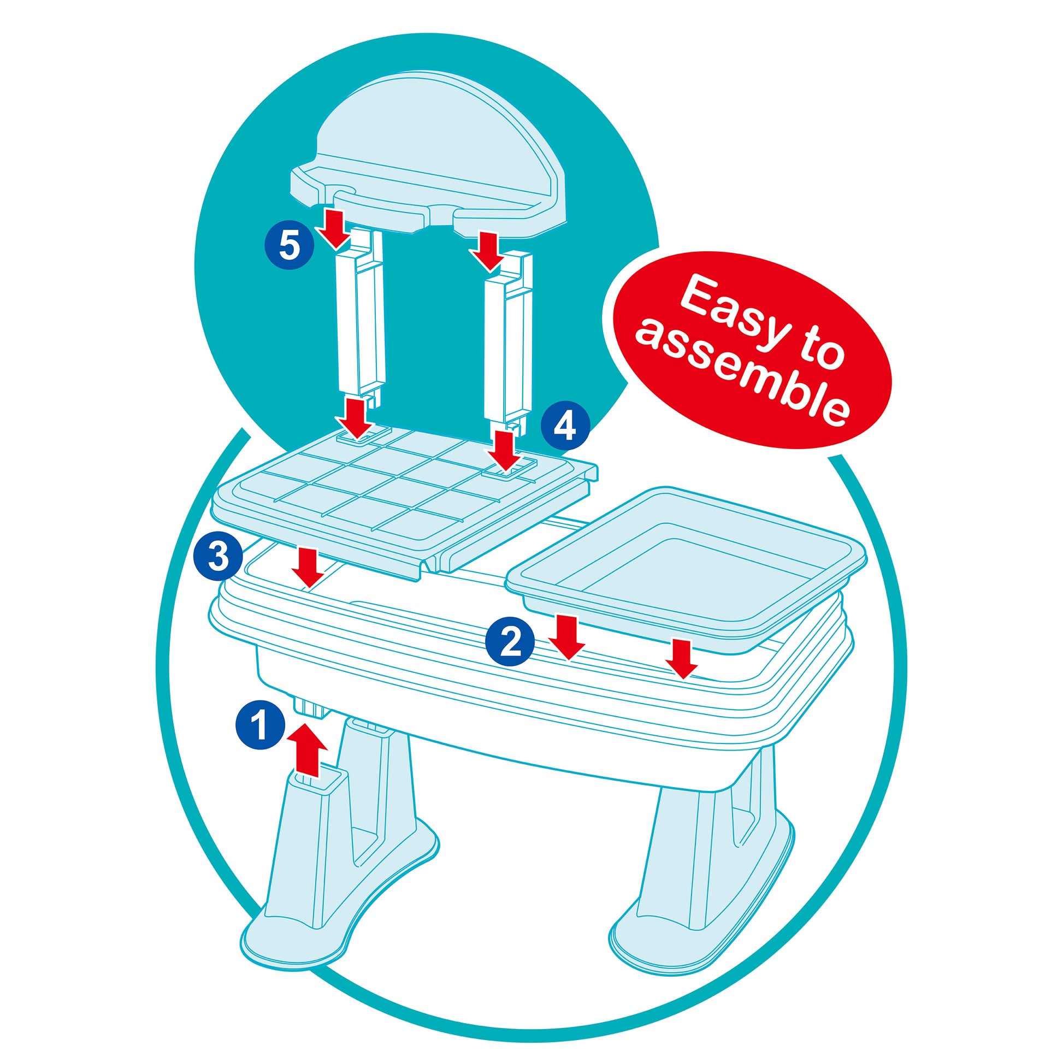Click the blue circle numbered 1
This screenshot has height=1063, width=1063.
260,724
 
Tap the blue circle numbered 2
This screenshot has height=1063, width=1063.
510,641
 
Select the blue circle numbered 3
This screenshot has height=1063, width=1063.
218,556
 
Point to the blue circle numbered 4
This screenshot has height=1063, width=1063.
565,426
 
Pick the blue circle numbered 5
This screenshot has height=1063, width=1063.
290,245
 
